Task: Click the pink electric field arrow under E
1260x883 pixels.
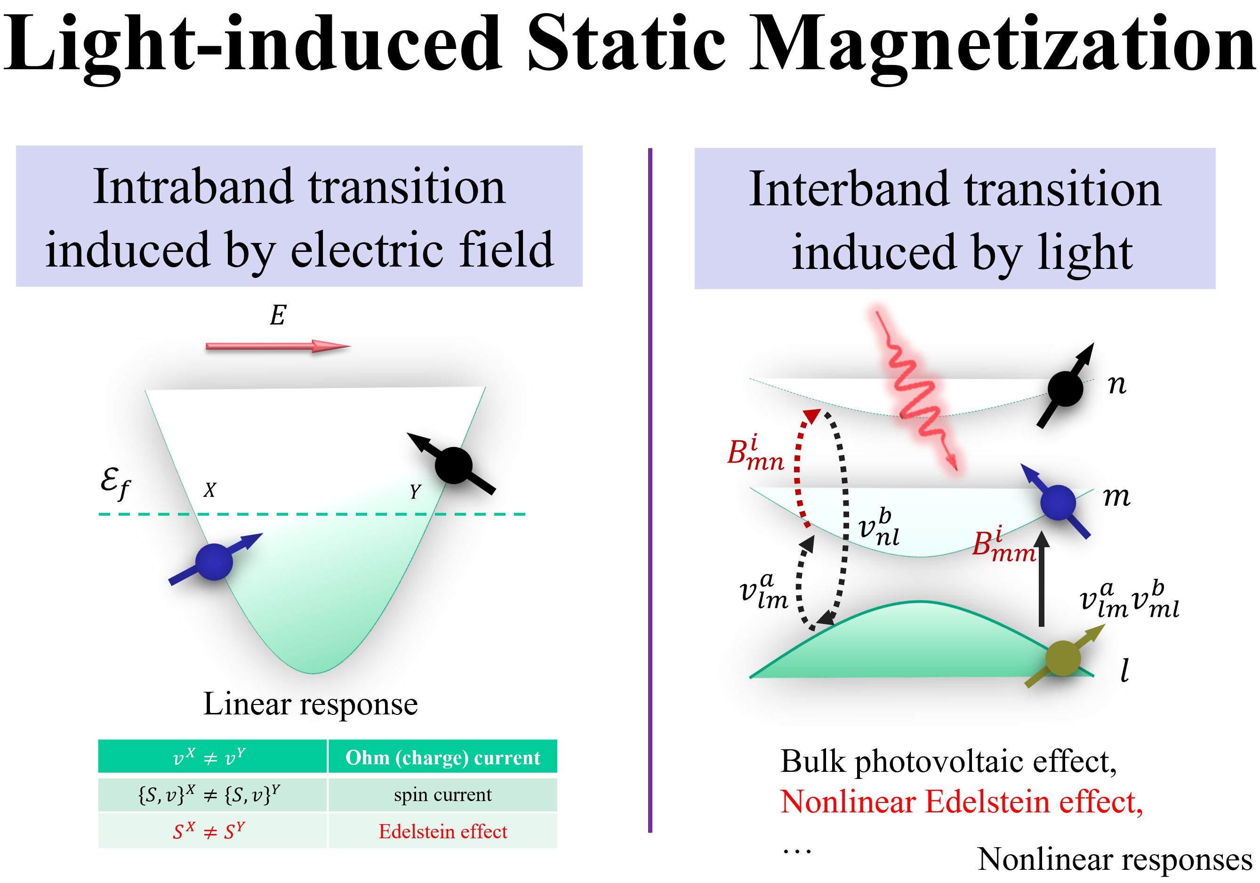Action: (x=278, y=346)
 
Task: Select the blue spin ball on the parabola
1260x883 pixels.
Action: (x=214, y=562)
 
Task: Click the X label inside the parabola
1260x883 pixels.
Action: (x=209, y=490)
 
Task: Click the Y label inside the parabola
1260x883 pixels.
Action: (x=416, y=491)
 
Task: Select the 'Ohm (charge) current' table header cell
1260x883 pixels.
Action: (x=443, y=757)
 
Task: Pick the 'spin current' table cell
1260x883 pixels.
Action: (x=443, y=794)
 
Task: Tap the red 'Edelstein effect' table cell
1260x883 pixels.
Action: (x=443, y=831)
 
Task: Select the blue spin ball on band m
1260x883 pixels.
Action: (x=1059, y=502)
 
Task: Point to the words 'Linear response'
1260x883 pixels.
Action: (x=311, y=704)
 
